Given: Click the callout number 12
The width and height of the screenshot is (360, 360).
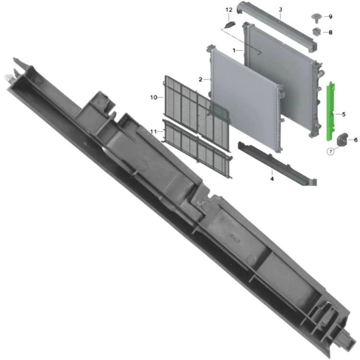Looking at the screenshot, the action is (x=229, y=10).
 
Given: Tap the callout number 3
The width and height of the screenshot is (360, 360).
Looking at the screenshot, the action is (x=280, y=10).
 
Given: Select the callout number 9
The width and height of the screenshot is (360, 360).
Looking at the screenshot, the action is (x=330, y=16).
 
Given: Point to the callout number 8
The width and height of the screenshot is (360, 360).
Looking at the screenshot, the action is (x=330, y=32).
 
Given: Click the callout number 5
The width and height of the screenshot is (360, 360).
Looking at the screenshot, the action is (x=344, y=114).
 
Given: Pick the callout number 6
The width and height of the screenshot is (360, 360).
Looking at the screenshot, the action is (x=356, y=140).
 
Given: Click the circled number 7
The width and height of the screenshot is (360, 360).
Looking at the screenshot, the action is (x=331, y=152).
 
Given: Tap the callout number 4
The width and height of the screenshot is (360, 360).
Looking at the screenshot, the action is (x=272, y=179).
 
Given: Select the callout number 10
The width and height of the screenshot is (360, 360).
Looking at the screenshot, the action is (x=154, y=97).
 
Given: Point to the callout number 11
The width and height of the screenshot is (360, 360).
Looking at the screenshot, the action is (x=154, y=132).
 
